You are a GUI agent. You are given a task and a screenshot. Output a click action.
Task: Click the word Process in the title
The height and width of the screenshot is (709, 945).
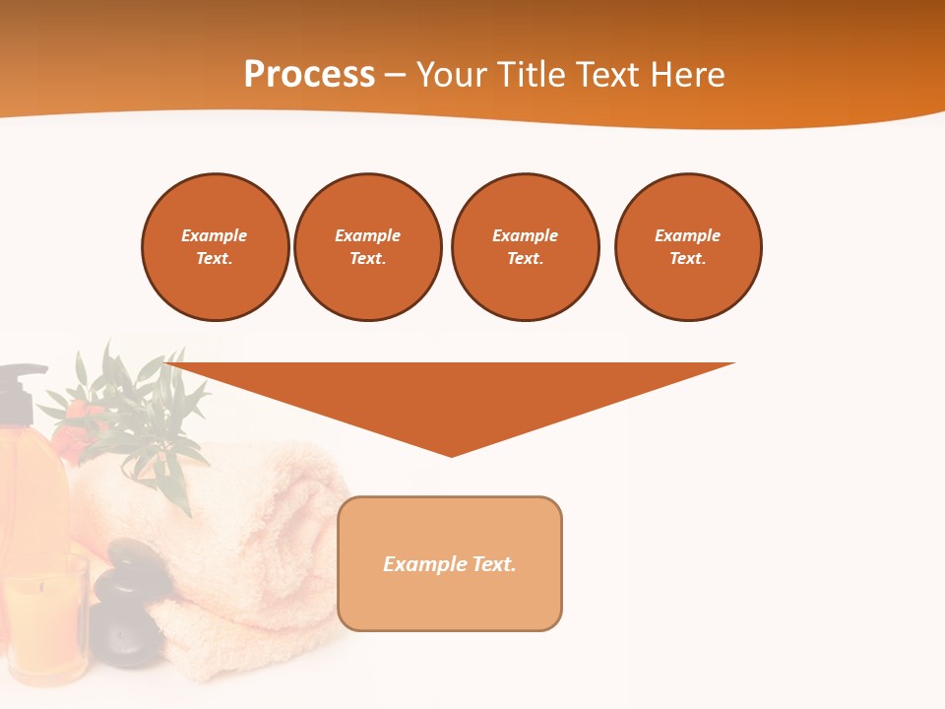tap(309, 75)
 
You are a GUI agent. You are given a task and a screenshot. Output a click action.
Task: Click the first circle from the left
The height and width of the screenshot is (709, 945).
tap(216, 247)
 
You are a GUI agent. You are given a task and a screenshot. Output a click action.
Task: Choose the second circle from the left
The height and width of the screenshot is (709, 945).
tap(368, 247)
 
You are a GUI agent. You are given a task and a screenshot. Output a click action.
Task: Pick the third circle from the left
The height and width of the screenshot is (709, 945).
tap(526, 247)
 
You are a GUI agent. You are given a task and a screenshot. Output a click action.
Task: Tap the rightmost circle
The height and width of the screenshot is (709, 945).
tap(688, 247)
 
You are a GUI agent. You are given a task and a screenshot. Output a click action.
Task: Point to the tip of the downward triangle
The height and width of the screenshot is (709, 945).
tap(452, 454)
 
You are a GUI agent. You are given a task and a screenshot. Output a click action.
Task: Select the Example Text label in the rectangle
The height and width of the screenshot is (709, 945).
tap(450, 564)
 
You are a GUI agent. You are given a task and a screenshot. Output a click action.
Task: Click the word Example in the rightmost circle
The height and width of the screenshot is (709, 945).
tap(688, 235)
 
